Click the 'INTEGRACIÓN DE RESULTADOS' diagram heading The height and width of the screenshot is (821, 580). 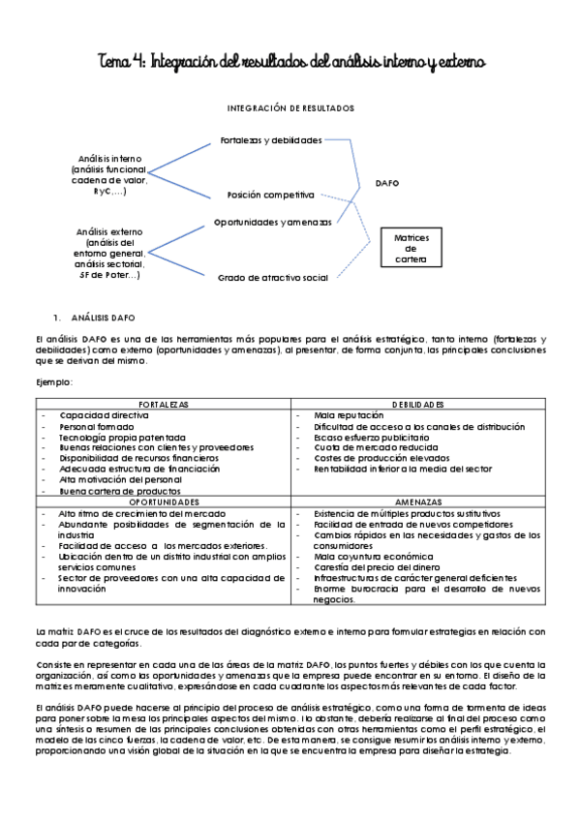[x=290, y=107]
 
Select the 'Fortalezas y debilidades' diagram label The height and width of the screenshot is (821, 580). [x=270, y=140]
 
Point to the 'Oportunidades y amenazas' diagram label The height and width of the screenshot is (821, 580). [x=272, y=222]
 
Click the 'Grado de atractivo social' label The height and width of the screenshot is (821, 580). [x=272, y=277]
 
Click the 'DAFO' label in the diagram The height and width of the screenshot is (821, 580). [x=387, y=182]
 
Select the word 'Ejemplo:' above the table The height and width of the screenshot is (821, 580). [x=54, y=383]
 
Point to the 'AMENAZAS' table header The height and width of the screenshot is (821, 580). [x=418, y=502]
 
